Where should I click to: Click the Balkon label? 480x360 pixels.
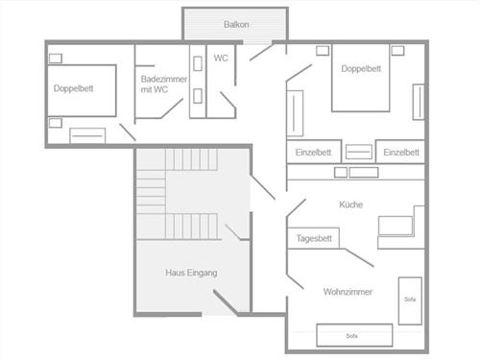[236, 24]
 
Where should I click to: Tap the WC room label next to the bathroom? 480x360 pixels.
[221, 58]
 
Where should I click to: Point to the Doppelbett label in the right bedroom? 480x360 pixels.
[362, 68]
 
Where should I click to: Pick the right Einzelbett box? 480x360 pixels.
[401, 153]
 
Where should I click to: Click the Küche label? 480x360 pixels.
[351, 204]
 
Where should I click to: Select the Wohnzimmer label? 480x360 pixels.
[348, 292]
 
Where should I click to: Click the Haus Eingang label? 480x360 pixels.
[191, 274]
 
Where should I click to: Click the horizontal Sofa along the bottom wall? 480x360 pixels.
[354, 335]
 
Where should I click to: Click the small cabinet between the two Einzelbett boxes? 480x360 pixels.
[357, 153]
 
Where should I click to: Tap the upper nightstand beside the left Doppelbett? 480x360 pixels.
[55, 58]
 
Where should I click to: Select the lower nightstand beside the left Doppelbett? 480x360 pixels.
[55, 122]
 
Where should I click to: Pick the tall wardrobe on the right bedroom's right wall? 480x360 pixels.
[418, 101]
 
